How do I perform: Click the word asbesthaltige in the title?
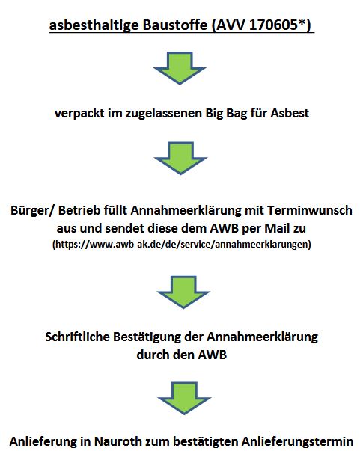pyautogui.click(x=94, y=25)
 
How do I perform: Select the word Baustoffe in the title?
pyautogui.click(x=175, y=25)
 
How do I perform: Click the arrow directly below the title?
pyautogui.click(x=180, y=68)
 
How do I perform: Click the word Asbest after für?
pyautogui.click(x=290, y=113)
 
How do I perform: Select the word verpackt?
pyautogui.click(x=79, y=114)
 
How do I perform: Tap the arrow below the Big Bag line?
pyautogui.click(x=180, y=158)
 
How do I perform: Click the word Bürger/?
pyautogui.click(x=32, y=210)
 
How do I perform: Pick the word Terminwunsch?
pyautogui.click(x=310, y=210)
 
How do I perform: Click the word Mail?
pyautogui.click(x=277, y=228)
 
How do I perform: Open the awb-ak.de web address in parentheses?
pyautogui.click(x=182, y=244)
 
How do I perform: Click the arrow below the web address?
pyautogui.click(x=183, y=292)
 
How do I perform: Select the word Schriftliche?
pyautogui.click(x=77, y=337)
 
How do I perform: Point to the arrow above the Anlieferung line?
pyautogui.click(x=184, y=398)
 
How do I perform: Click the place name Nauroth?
pyautogui.click(x=118, y=441)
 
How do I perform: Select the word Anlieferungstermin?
pyautogui.click(x=297, y=441)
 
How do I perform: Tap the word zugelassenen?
pyautogui.click(x=164, y=114)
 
